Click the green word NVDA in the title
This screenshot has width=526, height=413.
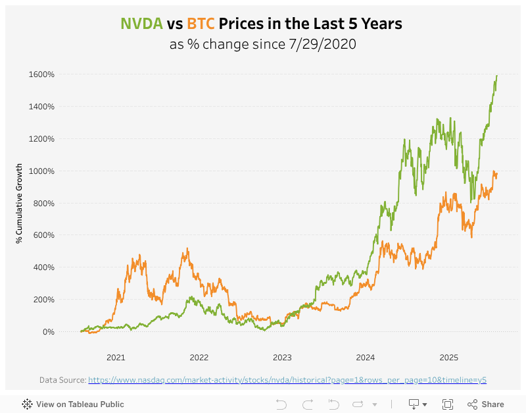coord(141,24)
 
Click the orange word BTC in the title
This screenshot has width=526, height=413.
coord(201,24)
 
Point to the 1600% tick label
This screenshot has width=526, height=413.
coord(41,74)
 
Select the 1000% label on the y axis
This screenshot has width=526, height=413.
coord(41,171)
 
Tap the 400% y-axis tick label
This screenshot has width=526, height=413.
coord(43,267)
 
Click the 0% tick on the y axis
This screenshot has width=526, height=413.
coord(48,332)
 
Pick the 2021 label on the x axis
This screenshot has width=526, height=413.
coord(116,358)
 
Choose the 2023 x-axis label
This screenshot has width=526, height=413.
coord(282,358)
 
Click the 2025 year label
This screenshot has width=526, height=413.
coord(448,358)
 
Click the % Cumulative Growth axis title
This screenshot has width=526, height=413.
coord(20,203)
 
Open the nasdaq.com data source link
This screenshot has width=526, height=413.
coord(287,380)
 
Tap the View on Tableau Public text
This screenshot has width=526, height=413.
coord(80,404)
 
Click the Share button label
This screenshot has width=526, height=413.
coord(492,404)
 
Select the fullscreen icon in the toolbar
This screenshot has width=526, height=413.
coord(448,404)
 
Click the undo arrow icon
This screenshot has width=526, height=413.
coord(281,404)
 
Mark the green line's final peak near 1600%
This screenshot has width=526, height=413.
coord(497,75)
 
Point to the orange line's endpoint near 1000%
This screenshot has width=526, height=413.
coord(497,174)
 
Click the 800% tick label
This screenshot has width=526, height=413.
coord(43,204)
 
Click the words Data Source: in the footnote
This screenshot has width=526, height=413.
coord(62,380)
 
